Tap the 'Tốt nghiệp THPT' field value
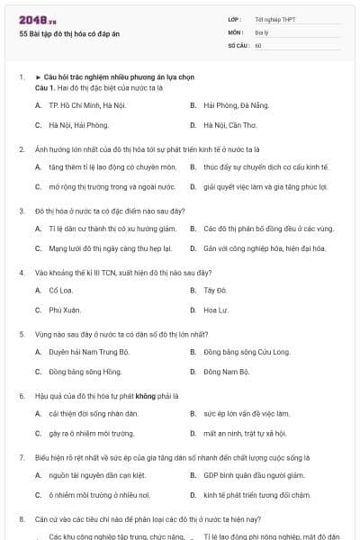pyautogui.click(x=275, y=19)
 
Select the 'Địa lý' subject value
pyautogui.click(x=261, y=31)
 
